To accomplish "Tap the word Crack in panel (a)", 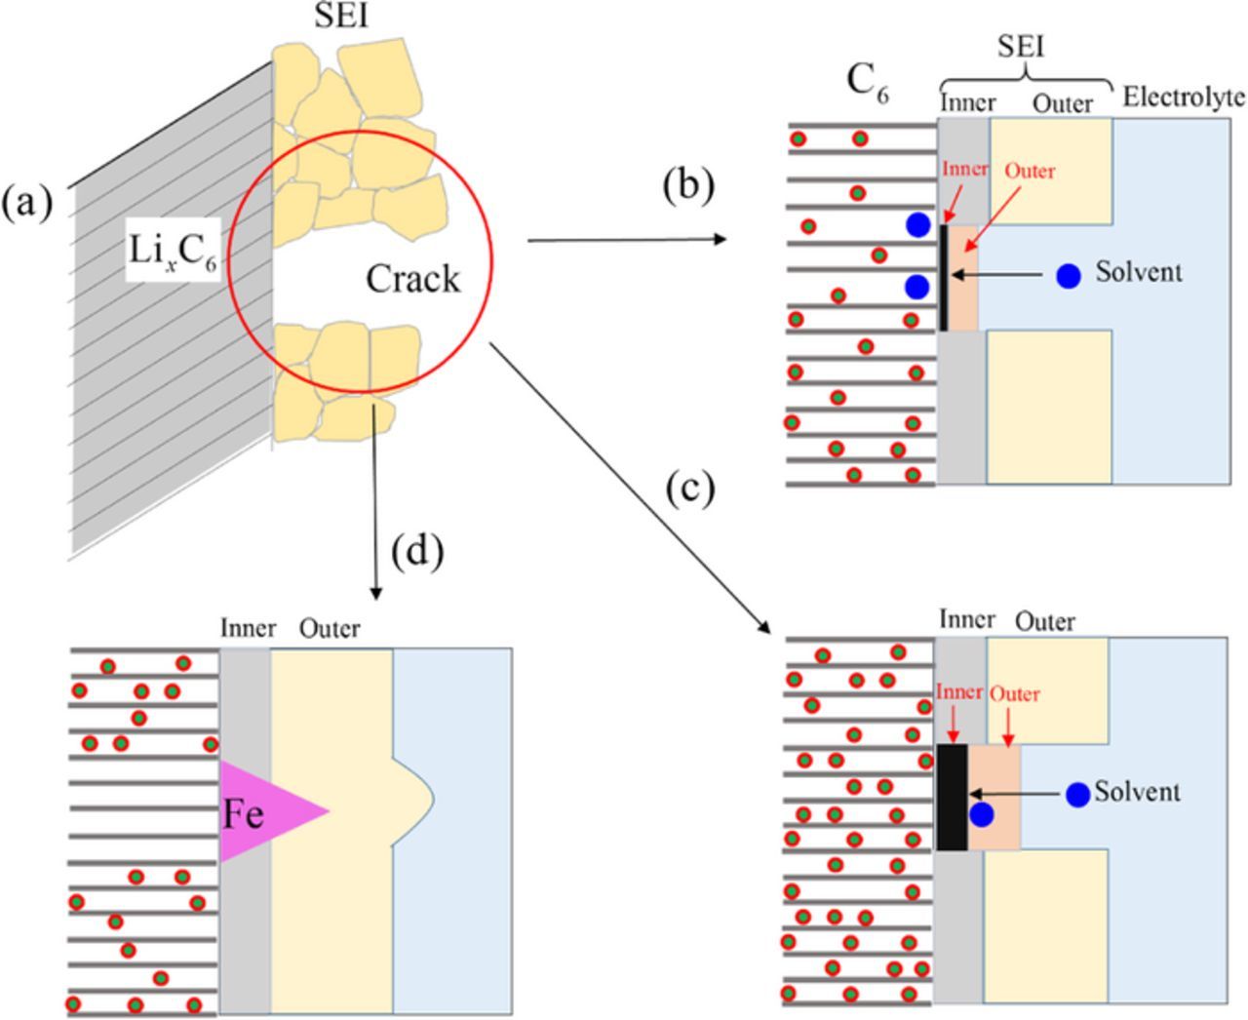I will click(412, 279).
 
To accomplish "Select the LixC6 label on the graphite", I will click(173, 253).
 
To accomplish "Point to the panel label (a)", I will click(26, 203).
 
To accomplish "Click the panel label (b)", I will click(688, 184).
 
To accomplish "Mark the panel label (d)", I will click(417, 552).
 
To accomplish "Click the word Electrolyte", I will click(1184, 97).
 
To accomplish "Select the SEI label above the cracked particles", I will click(341, 17).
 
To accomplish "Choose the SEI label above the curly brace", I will click(1021, 46).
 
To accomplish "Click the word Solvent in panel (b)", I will click(1139, 272).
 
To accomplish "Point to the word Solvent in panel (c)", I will click(1137, 792).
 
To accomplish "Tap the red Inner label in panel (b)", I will click(964, 169).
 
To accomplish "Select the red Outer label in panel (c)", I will click(1014, 694).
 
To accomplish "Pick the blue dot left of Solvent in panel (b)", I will click(1069, 276).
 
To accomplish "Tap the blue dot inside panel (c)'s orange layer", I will click(982, 815).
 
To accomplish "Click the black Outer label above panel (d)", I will click(330, 629).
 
